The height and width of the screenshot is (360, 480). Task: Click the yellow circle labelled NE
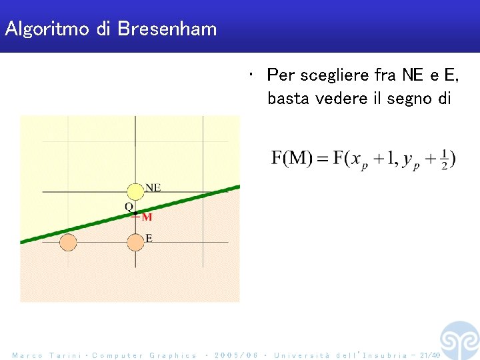tap(135, 191)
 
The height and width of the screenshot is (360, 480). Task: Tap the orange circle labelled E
tap(135, 242)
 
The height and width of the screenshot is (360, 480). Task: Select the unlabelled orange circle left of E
tap(68, 242)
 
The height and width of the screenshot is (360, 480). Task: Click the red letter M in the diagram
tap(147, 217)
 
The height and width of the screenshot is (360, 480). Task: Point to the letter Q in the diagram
tap(129, 207)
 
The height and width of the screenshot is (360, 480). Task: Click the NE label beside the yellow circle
tap(153, 187)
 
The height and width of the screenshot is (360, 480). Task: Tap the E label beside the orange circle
tap(149, 238)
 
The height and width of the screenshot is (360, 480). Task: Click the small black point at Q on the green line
tap(135, 213)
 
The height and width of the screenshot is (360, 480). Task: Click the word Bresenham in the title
tap(167, 29)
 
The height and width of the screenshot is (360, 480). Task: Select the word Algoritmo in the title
tap(49, 29)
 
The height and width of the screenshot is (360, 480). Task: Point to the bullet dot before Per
tap(249, 74)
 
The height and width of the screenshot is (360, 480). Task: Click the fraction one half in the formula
tap(444, 159)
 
